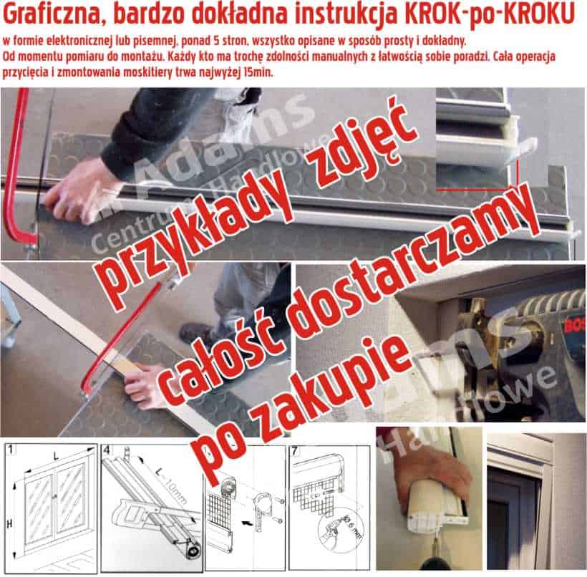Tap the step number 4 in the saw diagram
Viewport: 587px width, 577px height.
[x=106, y=450]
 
